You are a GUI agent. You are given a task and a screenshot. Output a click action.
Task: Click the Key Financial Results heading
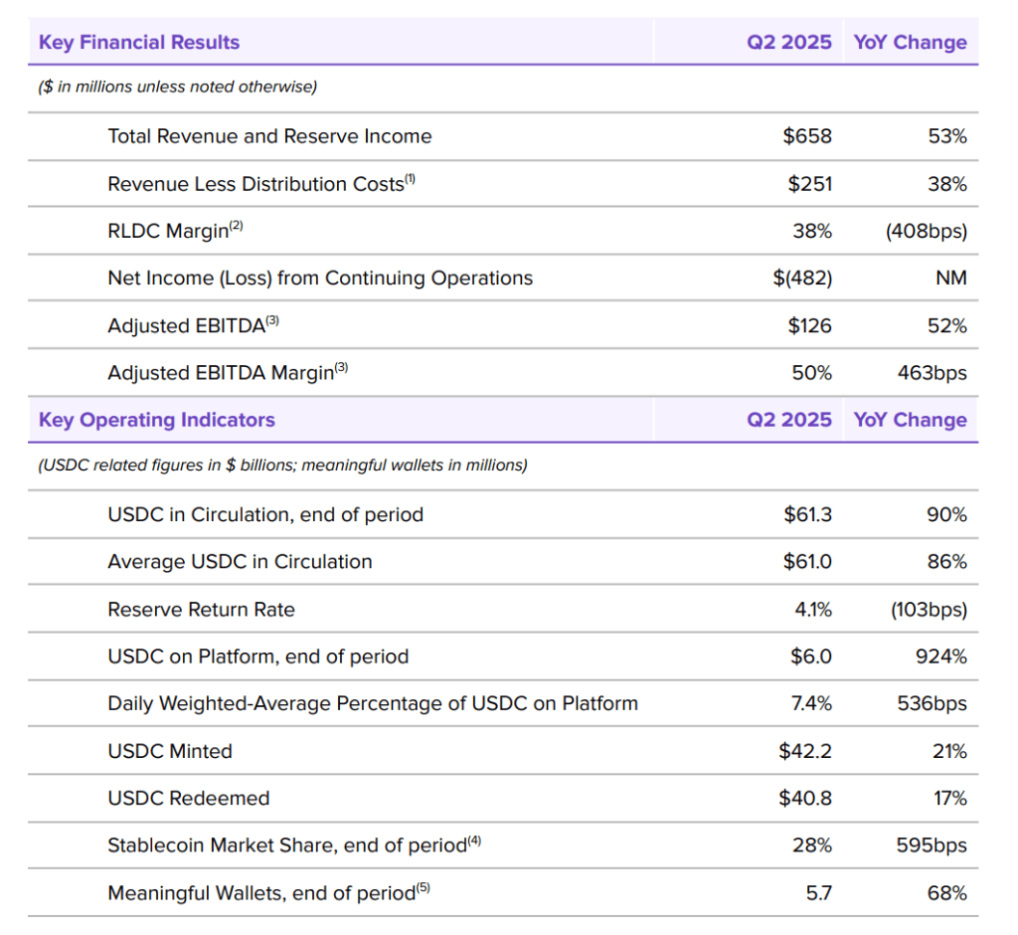click(139, 43)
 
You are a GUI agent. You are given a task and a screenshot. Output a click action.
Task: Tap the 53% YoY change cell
click(946, 136)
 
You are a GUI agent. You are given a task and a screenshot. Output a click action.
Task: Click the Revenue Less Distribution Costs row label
click(256, 184)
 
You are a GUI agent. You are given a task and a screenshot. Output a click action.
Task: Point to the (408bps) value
click(926, 231)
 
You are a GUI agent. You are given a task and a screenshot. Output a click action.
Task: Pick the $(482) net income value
click(802, 279)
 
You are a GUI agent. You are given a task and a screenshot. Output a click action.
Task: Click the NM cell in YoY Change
click(950, 279)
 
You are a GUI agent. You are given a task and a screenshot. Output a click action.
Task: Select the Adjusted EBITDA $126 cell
click(809, 325)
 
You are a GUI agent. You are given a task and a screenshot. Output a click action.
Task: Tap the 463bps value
click(932, 373)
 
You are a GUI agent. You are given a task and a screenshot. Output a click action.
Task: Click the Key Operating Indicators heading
click(157, 420)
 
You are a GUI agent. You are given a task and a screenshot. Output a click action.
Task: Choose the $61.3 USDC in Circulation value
click(807, 514)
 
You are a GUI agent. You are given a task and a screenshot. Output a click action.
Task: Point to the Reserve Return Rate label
click(201, 610)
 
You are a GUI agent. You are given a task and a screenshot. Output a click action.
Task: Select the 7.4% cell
click(811, 703)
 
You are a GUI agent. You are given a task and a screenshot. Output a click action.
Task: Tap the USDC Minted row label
click(170, 751)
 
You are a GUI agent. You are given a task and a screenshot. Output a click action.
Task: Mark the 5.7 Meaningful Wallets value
click(818, 893)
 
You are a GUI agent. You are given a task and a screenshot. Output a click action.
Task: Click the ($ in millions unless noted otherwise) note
click(178, 88)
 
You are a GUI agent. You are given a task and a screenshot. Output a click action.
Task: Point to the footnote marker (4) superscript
click(474, 841)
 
